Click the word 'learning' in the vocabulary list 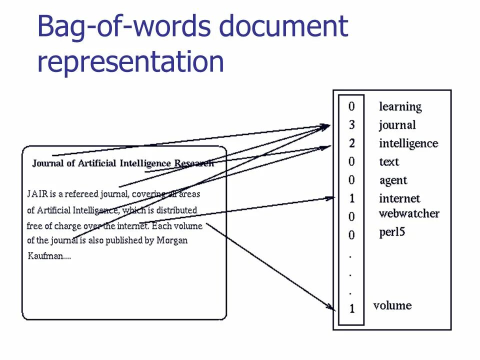click(x=400, y=106)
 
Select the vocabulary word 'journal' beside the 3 click(x=397, y=125)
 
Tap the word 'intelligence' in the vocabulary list click(x=408, y=143)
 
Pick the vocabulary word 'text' click(x=389, y=161)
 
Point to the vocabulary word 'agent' click(x=393, y=180)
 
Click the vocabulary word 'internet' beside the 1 click(x=399, y=198)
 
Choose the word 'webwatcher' click(x=409, y=213)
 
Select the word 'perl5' click(x=392, y=232)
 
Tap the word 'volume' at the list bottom click(x=392, y=305)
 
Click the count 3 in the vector click(x=351, y=125)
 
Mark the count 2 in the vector click(x=351, y=143)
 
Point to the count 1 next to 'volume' click(x=351, y=309)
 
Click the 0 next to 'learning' click(x=351, y=106)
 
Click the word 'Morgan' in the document click(x=172, y=240)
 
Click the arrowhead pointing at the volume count click(x=332, y=307)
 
